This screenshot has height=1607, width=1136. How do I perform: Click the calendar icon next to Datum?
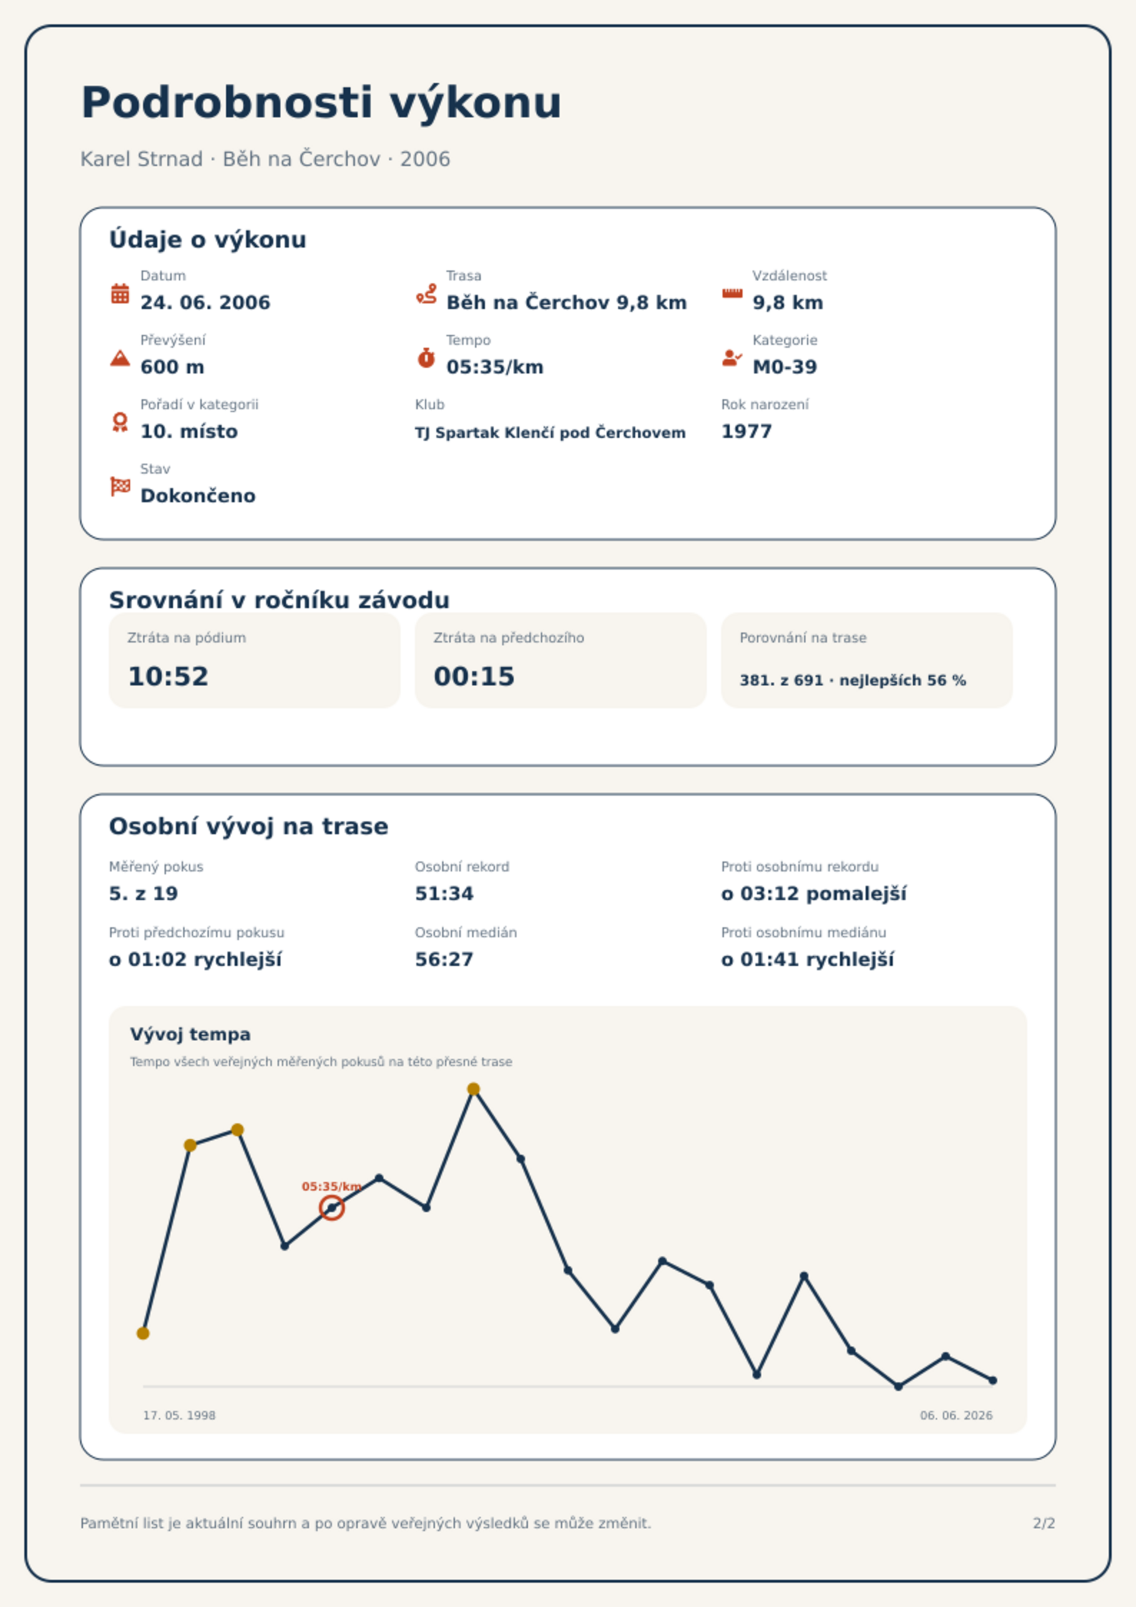pyautogui.click(x=120, y=293)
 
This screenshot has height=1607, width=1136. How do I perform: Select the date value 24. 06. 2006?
pyautogui.click(x=205, y=303)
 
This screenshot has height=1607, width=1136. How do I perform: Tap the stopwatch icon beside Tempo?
pyautogui.click(x=426, y=358)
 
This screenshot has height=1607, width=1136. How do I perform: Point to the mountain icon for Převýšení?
pyautogui.click(x=120, y=358)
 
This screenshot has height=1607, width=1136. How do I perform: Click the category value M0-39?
pyautogui.click(x=785, y=367)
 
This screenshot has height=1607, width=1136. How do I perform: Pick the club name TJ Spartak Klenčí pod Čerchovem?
pyautogui.click(x=550, y=433)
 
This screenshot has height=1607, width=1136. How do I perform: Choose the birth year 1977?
pyautogui.click(x=746, y=431)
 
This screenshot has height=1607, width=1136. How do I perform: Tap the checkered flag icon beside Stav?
pyautogui.click(x=120, y=487)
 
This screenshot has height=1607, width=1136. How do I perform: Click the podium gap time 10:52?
pyautogui.click(x=168, y=677)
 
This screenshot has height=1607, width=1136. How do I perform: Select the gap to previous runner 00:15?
pyautogui.click(x=474, y=677)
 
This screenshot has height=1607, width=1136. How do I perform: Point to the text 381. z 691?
pyautogui.click(x=781, y=680)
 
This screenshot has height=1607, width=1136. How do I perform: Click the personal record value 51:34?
pyautogui.click(x=444, y=894)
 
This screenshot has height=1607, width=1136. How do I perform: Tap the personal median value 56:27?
pyautogui.click(x=444, y=959)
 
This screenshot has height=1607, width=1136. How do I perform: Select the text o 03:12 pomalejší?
pyautogui.click(x=813, y=894)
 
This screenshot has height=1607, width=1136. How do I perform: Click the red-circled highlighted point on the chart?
pyautogui.click(x=332, y=1208)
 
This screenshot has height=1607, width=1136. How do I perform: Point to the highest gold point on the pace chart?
pyautogui.click(x=474, y=1089)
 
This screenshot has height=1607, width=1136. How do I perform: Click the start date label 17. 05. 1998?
pyautogui.click(x=179, y=1415)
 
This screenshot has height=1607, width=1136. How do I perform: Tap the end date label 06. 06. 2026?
pyautogui.click(x=956, y=1415)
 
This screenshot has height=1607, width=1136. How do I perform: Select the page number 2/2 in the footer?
pyautogui.click(x=1044, y=1523)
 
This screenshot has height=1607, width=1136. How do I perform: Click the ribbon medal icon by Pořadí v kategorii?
pyautogui.click(x=120, y=422)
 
